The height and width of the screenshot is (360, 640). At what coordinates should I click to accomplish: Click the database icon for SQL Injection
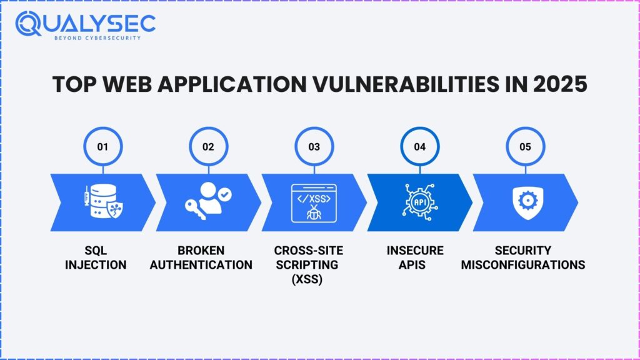pyautogui.click(x=104, y=201)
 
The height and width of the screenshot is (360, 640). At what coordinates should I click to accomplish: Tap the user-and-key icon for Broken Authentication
pyautogui.click(x=208, y=201)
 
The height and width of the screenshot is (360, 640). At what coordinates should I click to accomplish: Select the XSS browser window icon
pyautogui.click(x=314, y=203)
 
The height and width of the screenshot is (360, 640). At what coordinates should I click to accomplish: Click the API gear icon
pyautogui.click(x=419, y=202)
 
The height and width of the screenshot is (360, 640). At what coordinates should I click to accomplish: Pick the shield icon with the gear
pyautogui.click(x=527, y=202)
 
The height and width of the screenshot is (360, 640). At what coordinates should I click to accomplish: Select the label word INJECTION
pyautogui.click(x=96, y=265)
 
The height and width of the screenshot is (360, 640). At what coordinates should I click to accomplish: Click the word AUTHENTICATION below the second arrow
pyautogui.click(x=201, y=265)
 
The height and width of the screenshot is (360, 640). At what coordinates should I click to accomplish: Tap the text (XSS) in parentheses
pyautogui.click(x=307, y=279)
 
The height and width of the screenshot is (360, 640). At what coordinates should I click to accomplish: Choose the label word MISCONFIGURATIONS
pyautogui.click(x=523, y=265)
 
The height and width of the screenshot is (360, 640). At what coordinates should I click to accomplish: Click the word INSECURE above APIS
pyautogui.click(x=415, y=250)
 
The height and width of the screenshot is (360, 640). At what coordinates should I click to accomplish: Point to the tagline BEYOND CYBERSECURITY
pyautogui.click(x=97, y=38)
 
